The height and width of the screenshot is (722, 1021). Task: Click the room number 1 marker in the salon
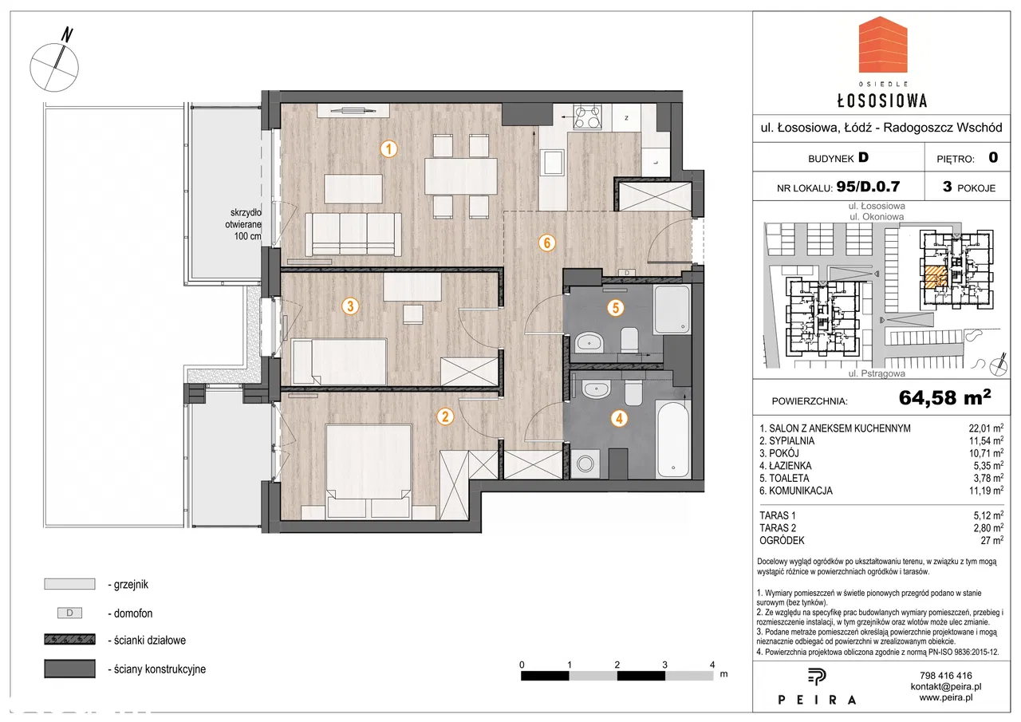[388, 148]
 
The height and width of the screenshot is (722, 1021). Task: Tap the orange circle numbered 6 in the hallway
[547, 243]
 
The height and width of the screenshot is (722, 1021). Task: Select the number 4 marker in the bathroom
[619, 418]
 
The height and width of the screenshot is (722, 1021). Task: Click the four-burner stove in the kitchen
[588, 116]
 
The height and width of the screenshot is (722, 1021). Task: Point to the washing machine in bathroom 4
[585, 464]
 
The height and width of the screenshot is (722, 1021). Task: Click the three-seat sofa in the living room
[353, 235]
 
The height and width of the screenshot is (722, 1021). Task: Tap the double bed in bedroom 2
[369, 471]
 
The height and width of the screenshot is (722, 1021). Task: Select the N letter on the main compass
[68, 34]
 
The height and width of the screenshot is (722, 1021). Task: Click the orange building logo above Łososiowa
[883, 45]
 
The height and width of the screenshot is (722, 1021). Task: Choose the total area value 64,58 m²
[945, 397]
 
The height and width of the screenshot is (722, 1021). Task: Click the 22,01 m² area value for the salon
[986, 428]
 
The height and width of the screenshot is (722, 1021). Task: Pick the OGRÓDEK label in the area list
[782, 541]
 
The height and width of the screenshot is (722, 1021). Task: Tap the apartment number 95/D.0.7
[869, 187]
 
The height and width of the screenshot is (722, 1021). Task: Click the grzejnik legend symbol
[69, 584]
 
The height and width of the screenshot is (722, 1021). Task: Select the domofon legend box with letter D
[69, 613]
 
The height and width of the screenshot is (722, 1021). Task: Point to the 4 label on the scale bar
[712, 665]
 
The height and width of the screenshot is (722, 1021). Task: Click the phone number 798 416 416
[946, 676]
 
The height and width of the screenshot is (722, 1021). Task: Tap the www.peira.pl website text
[946, 697]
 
